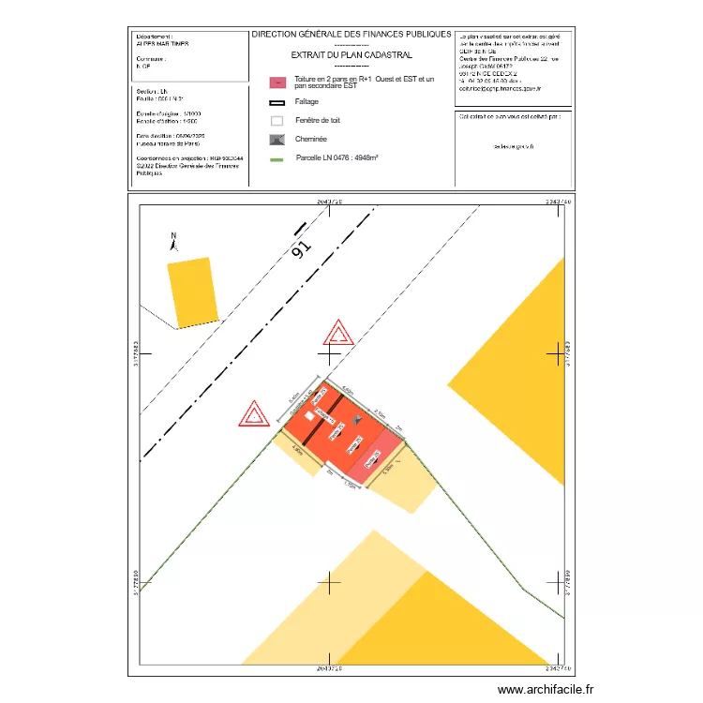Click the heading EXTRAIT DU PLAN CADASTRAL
click(351, 54)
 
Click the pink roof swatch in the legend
click(277, 82)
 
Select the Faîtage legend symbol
click(277, 102)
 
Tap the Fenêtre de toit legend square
click(277, 121)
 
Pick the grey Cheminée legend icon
click(277, 140)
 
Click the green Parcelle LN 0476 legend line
click(277, 158)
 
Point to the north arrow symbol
click(172, 242)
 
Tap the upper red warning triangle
click(337, 334)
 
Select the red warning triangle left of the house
click(252, 414)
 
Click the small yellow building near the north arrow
click(192, 292)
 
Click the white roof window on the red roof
click(307, 416)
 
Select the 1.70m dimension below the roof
click(351, 484)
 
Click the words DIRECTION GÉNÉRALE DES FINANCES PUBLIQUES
click(351, 34)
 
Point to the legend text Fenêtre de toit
click(317, 121)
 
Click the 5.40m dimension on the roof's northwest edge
click(293, 400)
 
